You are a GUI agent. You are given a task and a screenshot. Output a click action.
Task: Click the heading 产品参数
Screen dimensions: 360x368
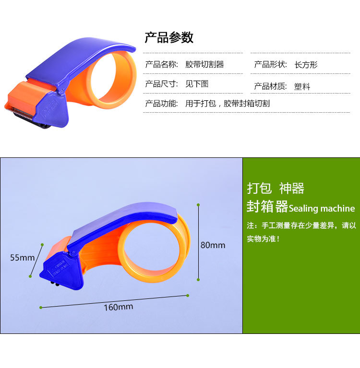[x=169, y=37]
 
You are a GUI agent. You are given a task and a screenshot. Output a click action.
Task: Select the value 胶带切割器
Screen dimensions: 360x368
[x=205, y=64]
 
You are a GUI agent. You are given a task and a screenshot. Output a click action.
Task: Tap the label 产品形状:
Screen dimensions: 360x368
[x=270, y=65]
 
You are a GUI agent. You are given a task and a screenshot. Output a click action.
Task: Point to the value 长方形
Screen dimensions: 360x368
[x=306, y=65]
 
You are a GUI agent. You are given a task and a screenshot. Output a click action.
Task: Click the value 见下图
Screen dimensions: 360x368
[x=197, y=84]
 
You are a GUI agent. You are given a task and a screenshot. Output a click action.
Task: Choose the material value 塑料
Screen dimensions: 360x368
[x=302, y=87]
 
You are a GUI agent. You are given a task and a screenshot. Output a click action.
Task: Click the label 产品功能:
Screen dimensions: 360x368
[x=161, y=103]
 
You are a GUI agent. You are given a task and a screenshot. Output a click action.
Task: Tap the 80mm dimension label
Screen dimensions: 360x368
[x=213, y=245]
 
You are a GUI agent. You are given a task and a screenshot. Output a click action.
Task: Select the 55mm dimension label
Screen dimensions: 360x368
[x=23, y=258]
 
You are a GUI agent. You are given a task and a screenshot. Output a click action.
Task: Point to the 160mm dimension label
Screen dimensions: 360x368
[x=118, y=307]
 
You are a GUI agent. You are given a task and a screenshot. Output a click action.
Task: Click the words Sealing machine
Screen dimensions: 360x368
[x=322, y=209]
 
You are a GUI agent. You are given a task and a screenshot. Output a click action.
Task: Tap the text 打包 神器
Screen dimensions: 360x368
[x=276, y=188]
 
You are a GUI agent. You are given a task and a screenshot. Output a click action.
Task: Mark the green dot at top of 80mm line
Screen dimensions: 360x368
[x=198, y=205]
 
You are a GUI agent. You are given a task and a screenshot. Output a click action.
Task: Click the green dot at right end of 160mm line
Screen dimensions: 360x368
[x=188, y=295]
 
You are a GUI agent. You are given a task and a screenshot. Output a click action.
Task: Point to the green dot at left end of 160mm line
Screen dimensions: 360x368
[x=41, y=308]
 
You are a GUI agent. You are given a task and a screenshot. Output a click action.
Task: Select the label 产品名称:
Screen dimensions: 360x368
[x=161, y=64]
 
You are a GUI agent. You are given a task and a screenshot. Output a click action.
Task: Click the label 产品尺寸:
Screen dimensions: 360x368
[x=161, y=84]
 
